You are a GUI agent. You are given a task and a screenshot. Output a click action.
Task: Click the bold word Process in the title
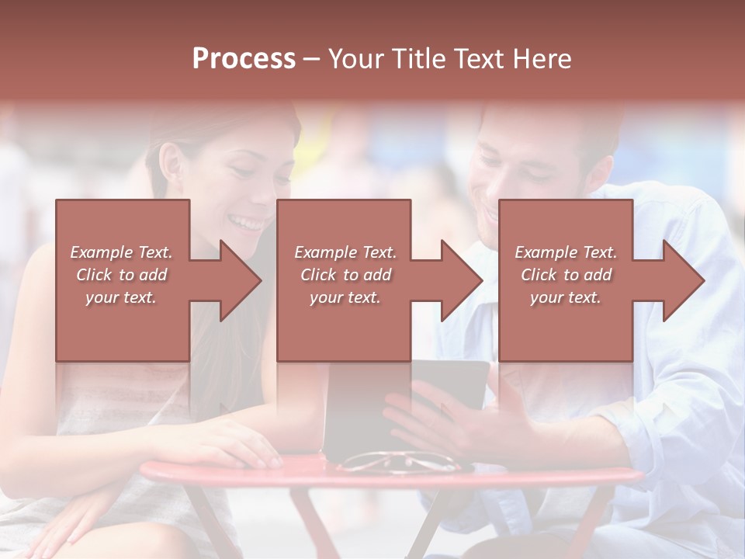tap(244, 58)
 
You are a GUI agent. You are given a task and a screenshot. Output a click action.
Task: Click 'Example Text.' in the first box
tap(121, 252)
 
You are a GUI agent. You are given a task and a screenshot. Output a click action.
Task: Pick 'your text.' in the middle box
tap(345, 297)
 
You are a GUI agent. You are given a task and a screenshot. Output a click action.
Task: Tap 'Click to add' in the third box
tap(566, 275)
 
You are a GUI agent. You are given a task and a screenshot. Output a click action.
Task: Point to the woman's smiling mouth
tap(248, 224)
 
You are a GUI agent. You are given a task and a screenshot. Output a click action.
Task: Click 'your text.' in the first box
tap(121, 297)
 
